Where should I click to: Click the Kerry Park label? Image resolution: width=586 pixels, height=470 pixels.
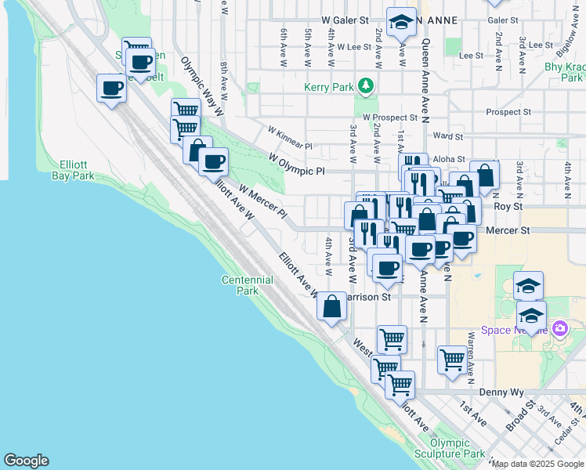330,87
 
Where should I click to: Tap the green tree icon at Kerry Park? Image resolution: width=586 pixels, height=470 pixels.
364,85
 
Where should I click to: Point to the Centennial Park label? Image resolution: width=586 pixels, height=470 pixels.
247,284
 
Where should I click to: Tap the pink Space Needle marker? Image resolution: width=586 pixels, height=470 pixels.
559,327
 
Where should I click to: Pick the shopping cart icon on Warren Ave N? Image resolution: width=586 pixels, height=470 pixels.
453,360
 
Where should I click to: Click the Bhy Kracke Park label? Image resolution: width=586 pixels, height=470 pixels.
564,72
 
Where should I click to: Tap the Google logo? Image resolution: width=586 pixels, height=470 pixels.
26,461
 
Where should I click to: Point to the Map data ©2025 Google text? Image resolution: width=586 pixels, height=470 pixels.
537,464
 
